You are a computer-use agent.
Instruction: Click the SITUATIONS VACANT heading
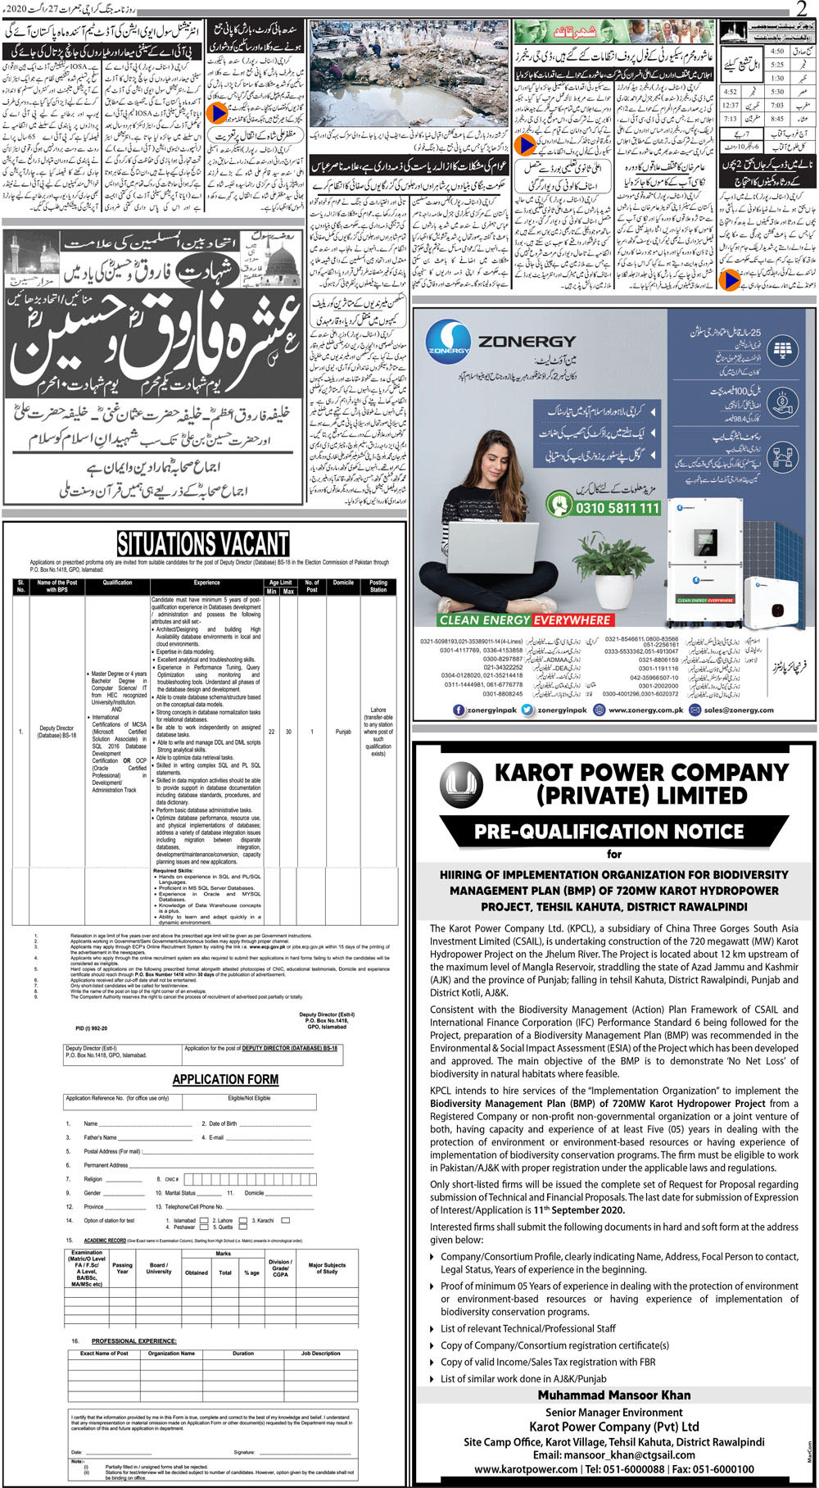(202, 544)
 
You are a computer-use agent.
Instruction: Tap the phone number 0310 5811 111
(606, 508)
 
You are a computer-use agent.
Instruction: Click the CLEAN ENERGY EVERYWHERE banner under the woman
(524, 620)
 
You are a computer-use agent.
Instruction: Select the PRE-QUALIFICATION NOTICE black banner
(609, 831)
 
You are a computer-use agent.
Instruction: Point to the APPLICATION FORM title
(225, 1079)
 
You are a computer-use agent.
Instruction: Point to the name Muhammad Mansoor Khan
(614, 1395)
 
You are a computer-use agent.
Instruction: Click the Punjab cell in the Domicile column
(343, 732)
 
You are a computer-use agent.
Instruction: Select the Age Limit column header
(280, 583)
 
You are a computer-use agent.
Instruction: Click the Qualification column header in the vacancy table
(117, 583)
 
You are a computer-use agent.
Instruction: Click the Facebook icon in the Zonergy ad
(459, 710)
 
